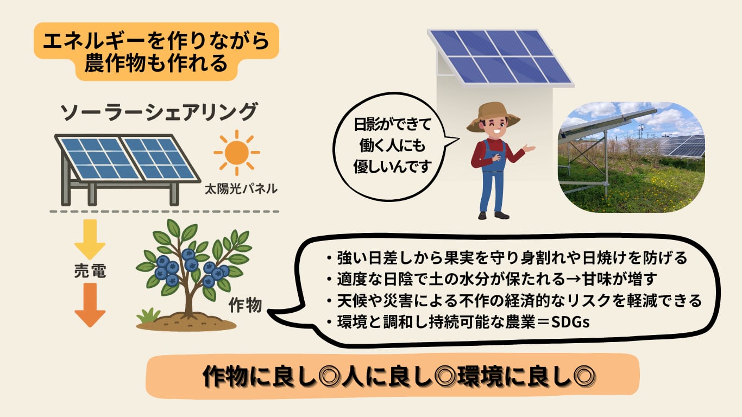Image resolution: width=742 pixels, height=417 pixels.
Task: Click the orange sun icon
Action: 236,153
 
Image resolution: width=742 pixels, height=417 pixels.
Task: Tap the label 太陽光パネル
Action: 241,189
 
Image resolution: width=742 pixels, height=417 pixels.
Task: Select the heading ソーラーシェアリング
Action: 159,112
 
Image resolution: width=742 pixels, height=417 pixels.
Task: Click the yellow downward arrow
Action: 90,239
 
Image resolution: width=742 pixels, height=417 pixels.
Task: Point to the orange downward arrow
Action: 90,305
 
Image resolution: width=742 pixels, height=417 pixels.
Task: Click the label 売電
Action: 90,271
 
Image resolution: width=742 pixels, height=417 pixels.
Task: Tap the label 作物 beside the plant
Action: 245,305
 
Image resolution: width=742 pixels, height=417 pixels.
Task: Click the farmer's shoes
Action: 494,216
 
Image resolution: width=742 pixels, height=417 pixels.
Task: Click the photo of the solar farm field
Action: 631,157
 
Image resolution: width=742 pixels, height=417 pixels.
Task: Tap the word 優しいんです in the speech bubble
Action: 393,166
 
